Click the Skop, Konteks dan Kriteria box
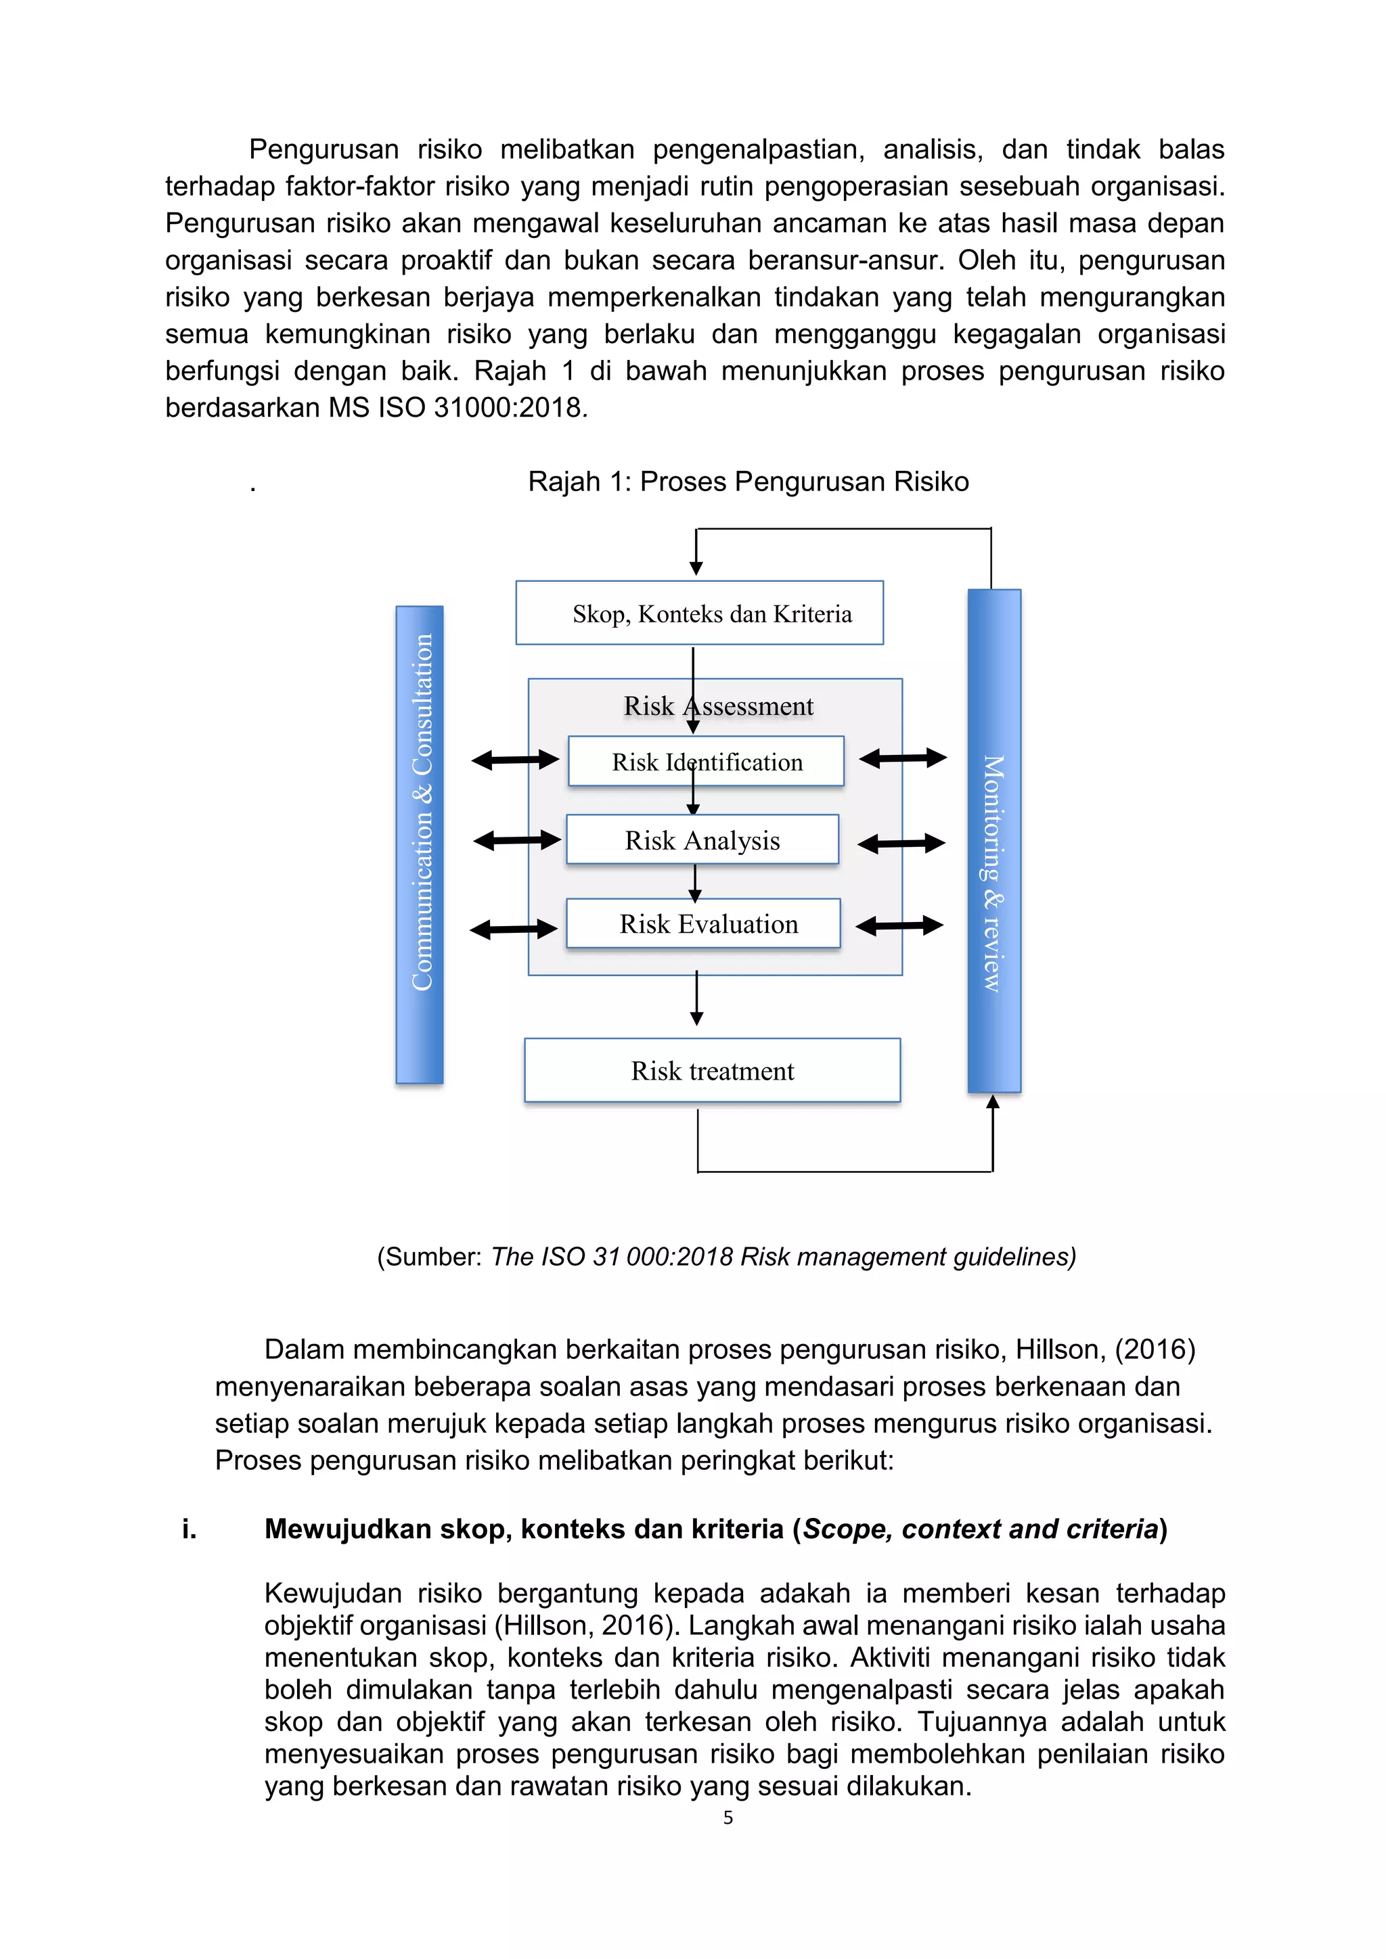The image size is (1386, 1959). point(699,613)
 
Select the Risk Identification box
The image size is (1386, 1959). point(706,761)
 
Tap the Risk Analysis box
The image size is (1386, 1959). point(702,840)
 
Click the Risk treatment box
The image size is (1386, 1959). point(712,1071)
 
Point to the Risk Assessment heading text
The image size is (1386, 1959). point(718,706)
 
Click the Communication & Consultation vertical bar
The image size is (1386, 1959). point(419,845)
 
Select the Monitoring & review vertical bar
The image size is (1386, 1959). point(993,840)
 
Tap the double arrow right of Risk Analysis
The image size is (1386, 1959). point(901,844)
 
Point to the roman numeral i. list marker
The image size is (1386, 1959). point(189,1529)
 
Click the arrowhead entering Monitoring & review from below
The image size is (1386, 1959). point(993,1103)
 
